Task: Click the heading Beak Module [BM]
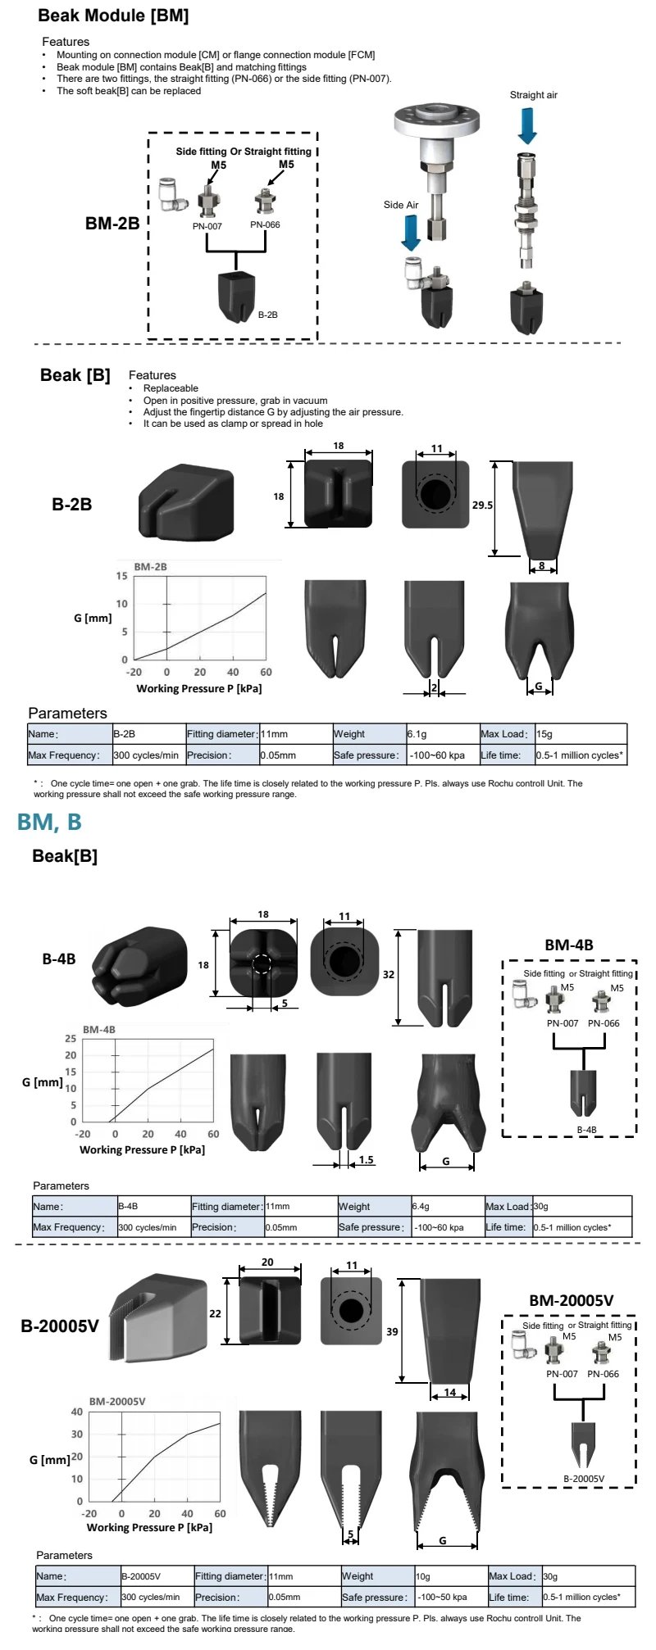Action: [113, 16]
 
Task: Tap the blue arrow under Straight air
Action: [527, 125]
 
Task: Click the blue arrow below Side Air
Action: [411, 232]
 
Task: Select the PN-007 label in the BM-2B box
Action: [207, 226]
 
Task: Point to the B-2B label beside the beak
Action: [268, 315]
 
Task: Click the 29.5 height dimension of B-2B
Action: [482, 505]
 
